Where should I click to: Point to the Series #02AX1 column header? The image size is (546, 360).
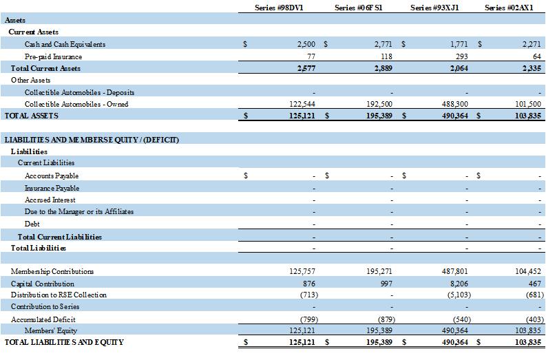(510, 8)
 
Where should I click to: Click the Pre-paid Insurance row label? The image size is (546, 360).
(53, 56)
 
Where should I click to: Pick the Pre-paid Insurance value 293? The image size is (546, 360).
(462, 56)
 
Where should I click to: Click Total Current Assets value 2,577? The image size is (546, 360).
(303, 68)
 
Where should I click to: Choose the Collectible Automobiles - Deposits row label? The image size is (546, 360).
(79, 92)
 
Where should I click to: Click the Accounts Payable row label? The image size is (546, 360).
(52, 176)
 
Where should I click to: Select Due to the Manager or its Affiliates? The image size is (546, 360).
(79, 211)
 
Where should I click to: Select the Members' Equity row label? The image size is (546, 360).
(50, 330)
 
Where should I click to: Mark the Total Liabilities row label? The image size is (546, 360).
(39, 248)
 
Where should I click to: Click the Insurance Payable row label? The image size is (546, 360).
(52, 188)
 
